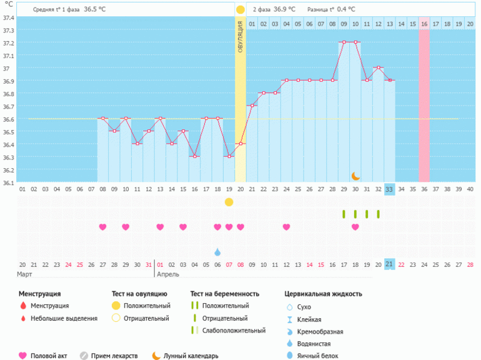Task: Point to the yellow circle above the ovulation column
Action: point(241,10)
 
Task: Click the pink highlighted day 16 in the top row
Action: point(424,24)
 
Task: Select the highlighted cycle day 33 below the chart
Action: point(389,189)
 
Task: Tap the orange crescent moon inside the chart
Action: point(355,176)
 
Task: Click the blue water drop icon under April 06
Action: point(217,252)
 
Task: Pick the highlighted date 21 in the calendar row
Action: point(389,264)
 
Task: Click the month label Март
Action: point(26,274)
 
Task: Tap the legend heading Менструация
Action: point(40,293)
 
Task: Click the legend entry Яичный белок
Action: point(319,356)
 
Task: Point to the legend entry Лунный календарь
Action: point(191,356)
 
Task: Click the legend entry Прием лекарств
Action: point(114,356)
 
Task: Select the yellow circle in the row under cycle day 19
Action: point(229,202)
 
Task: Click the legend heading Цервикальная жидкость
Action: point(323,293)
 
